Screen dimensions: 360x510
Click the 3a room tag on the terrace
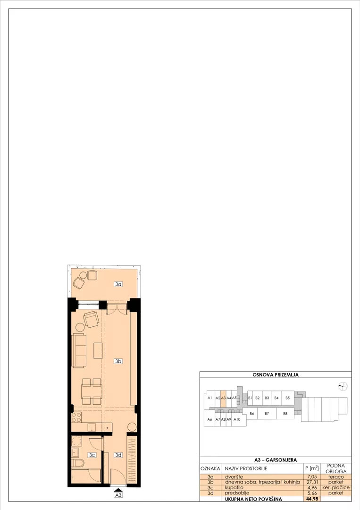tap(118, 284)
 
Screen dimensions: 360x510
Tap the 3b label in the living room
tap(118, 361)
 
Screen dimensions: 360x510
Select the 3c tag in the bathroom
tap(92, 455)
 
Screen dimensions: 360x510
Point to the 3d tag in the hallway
tap(118, 455)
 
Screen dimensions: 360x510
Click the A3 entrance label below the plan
tap(118, 495)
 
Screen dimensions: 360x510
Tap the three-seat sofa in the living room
tap(79, 350)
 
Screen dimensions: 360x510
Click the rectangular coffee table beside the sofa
tap(98, 350)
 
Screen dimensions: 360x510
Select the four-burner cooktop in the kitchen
tap(76, 417)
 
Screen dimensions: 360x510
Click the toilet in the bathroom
tap(78, 463)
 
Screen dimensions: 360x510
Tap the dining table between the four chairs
tap(92, 391)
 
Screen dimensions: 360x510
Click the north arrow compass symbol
tap(343, 386)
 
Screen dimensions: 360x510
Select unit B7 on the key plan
tap(267, 413)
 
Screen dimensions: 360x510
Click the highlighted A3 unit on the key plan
tap(223, 398)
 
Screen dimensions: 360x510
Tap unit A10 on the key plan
tap(237, 419)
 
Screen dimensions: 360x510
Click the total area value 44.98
tap(312, 499)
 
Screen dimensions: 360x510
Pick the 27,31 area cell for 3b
tap(312, 482)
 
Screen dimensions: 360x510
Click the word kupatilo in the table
tap(234, 487)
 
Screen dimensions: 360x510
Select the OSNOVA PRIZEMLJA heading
tap(276, 374)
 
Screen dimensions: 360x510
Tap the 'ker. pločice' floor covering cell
tap(336, 487)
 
